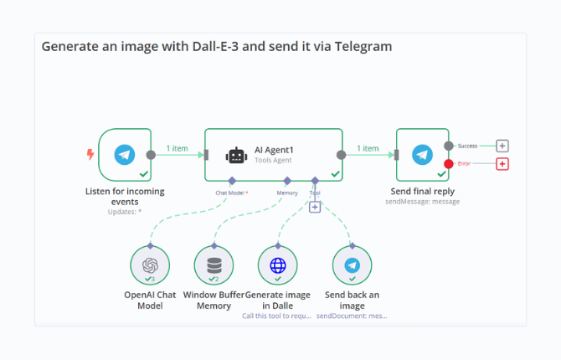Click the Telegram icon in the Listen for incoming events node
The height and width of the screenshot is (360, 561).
[x=125, y=154]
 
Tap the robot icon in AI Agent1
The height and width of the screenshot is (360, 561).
[x=236, y=155]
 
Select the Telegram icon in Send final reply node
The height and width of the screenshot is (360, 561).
[x=422, y=154]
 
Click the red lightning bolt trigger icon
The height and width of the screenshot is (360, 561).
[x=90, y=154]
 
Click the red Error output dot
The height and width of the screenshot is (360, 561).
[x=449, y=164]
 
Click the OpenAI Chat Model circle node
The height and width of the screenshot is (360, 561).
[x=150, y=265]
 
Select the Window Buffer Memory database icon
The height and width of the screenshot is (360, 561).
[x=214, y=265]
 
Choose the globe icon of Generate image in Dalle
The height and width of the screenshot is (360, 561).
[x=278, y=265]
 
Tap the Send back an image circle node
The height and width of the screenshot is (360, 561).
[x=352, y=265]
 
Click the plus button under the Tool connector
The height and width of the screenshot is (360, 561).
[x=315, y=207]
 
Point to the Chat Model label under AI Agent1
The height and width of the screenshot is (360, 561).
[x=231, y=193]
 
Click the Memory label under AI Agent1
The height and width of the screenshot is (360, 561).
[x=287, y=193]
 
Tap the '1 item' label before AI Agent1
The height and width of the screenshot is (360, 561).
[x=177, y=148]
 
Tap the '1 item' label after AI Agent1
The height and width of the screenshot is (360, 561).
[x=368, y=148]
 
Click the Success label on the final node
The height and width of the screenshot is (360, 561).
[x=467, y=146]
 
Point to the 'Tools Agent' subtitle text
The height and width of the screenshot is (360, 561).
[x=274, y=159]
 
